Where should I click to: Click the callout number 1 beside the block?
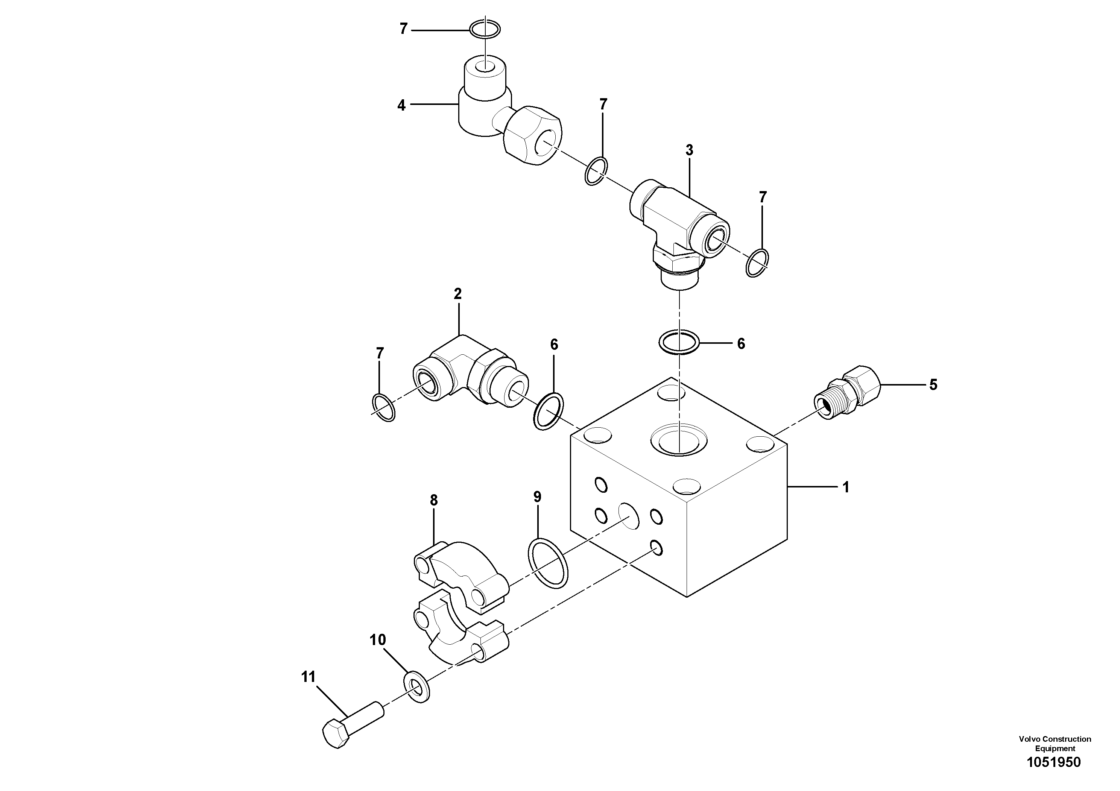point(845,487)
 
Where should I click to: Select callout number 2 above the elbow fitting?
point(457,294)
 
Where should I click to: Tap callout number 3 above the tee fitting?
point(689,151)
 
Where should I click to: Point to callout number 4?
point(401,105)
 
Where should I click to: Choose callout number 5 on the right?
point(933,385)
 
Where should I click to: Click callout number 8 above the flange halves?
point(434,500)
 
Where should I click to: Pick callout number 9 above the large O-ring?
point(537,497)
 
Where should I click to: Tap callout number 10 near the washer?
point(378,640)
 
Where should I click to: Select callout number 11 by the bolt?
point(308,677)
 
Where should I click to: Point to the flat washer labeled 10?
point(417,687)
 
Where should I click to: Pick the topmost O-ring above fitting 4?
point(144,29)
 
